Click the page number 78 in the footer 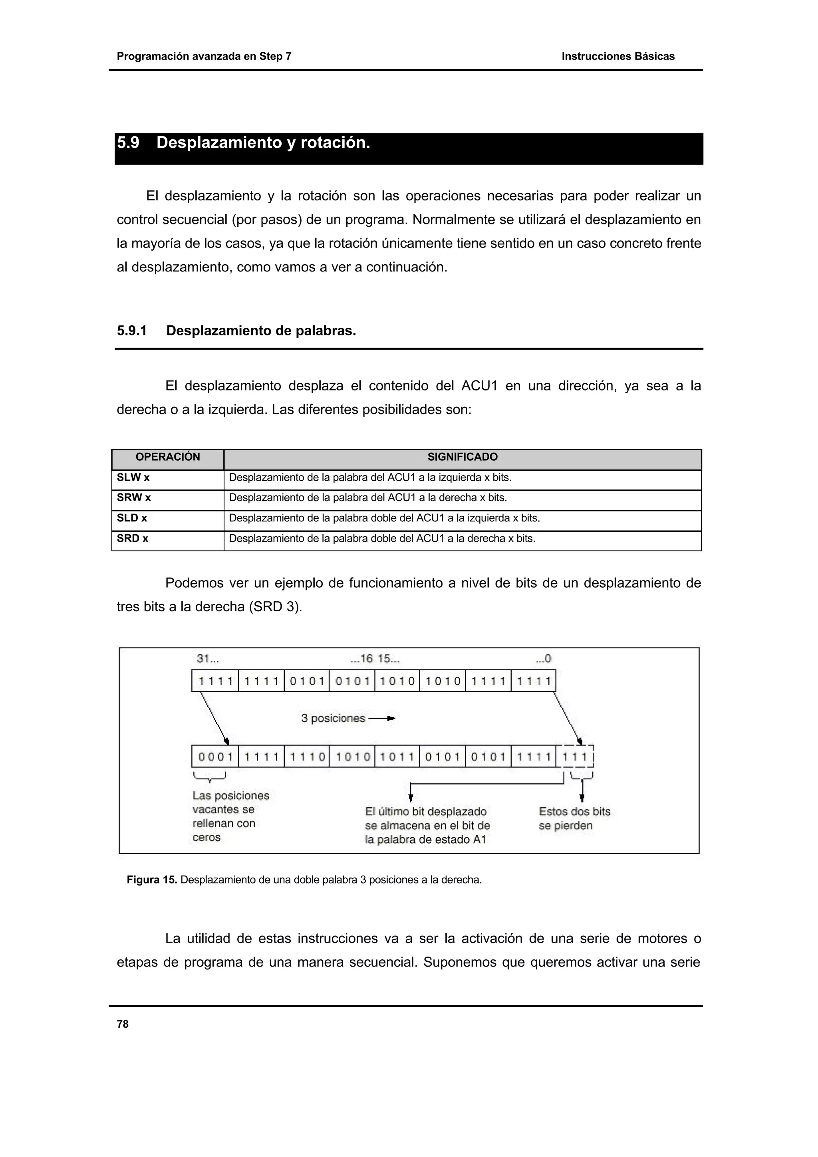[123, 1024]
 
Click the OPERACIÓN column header [167, 457]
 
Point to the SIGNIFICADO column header [462, 457]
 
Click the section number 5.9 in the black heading [128, 143]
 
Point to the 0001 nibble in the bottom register [215, 757]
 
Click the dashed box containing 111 [576, 757]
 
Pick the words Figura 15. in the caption [152, 880]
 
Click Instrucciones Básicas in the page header [618, 56]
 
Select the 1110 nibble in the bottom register [306, 757]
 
